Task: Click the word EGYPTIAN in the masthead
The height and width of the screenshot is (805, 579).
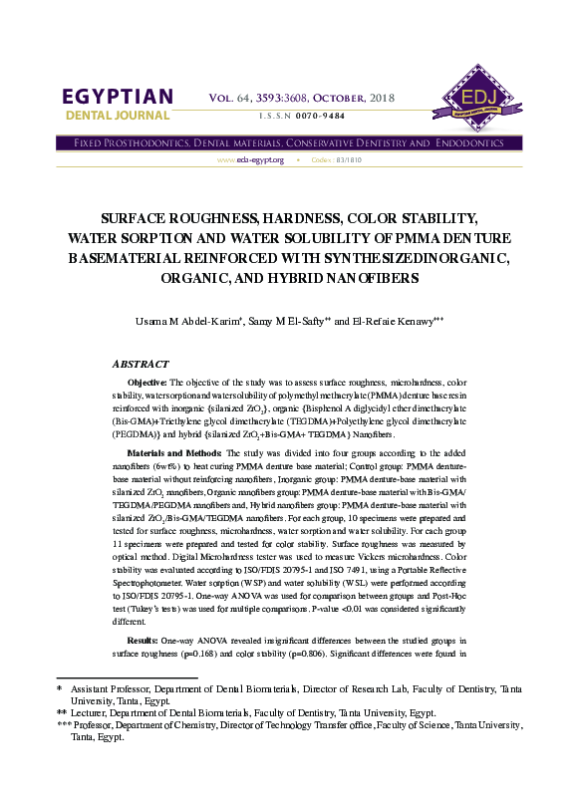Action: click(x=118, y=97)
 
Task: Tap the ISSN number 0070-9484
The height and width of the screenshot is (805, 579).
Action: click(x=321, y=117)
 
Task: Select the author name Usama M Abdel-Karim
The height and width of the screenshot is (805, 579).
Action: click(x=188, y=322)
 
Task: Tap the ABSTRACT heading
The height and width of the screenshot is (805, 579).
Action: click(x=141, y=365)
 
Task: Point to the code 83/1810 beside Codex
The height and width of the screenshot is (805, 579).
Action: click(x=350, y=160)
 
